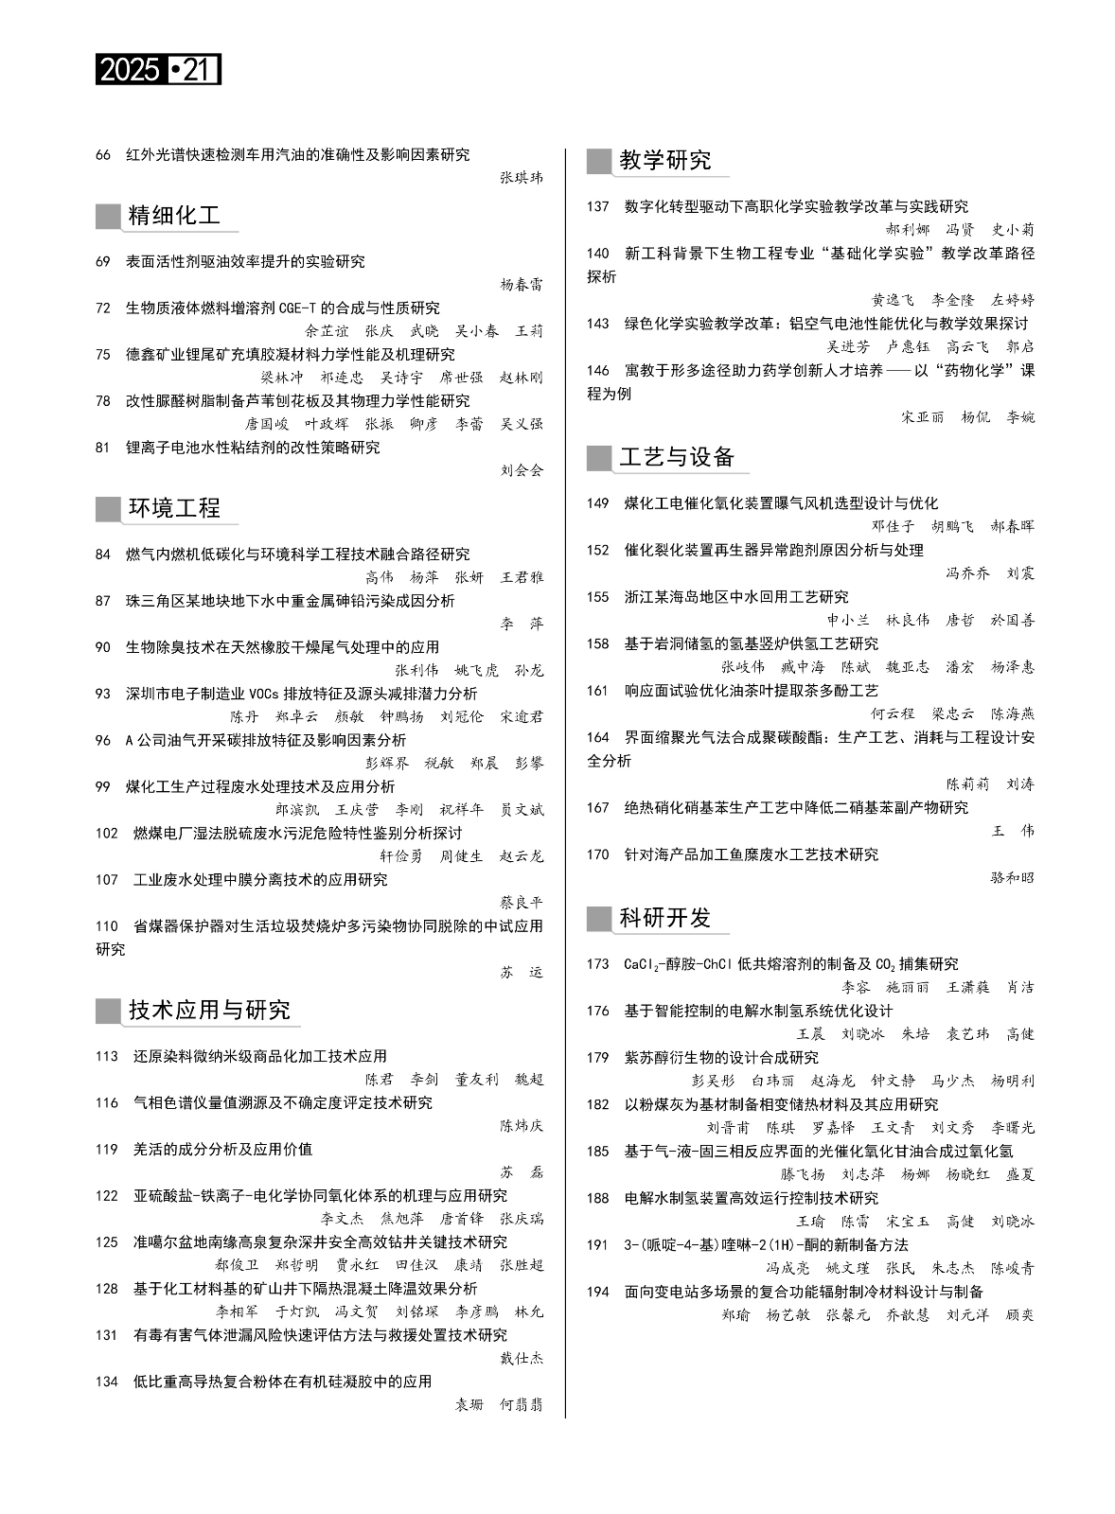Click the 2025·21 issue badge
(158, 70)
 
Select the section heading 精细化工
(174, 216)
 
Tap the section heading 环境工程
(174, 508)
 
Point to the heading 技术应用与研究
(209, 1010)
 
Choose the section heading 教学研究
(664, 160)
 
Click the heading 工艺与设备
(677, 457)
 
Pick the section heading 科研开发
(664, 918)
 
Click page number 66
(103, 154)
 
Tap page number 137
(597, 206)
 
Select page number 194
(597, 1292)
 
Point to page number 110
(107, 926)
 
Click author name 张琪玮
(522, 177)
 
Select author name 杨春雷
(522, 284)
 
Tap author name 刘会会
(522, 470)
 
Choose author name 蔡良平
(522, 903)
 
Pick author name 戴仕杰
(522, 1358)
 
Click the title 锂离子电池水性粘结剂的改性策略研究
(253, 448)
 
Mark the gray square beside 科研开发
(598, 918)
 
